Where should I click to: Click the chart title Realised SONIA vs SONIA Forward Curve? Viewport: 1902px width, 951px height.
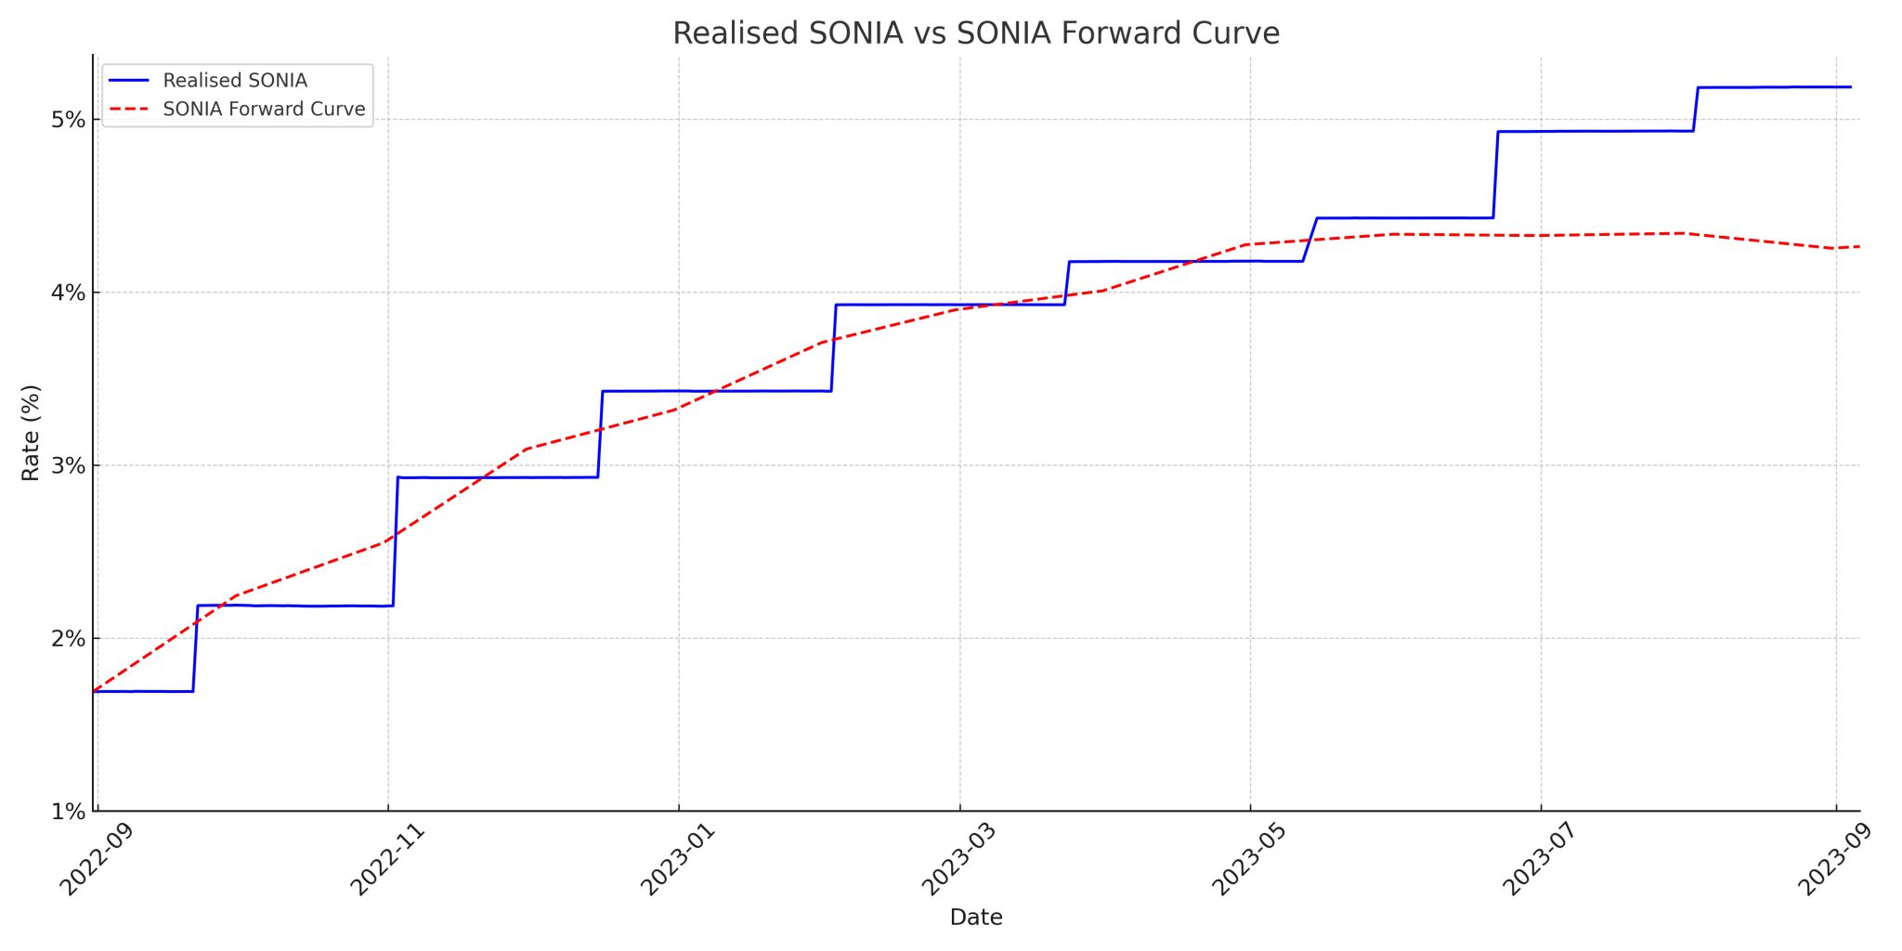(975, 33)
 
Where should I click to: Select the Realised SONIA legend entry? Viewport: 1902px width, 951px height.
(235, 81)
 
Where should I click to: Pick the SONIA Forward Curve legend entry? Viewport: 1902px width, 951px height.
(264, 109)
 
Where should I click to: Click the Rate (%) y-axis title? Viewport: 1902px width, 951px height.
(31, 433)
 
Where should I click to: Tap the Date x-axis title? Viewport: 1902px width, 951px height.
(975, 918)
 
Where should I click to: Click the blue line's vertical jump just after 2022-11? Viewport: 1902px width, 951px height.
(395, 541)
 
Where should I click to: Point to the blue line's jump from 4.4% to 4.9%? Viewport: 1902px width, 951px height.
(1495, 175)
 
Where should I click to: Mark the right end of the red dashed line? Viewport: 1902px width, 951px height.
(1858, 246)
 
